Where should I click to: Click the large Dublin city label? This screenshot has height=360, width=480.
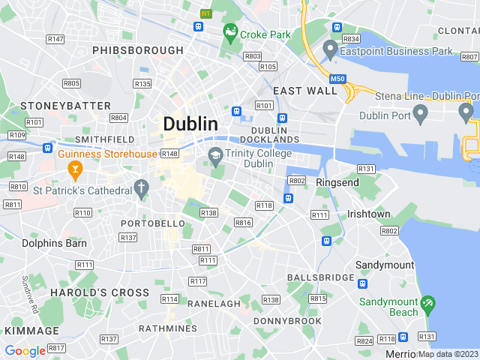tap(190, 124)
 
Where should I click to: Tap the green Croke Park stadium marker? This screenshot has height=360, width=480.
tap(230, 33)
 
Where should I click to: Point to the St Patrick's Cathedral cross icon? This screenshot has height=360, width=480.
tap(140, 187)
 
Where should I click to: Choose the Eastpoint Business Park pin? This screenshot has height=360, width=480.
tap(329, 50)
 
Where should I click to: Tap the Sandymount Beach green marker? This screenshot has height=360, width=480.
tap(427, 304)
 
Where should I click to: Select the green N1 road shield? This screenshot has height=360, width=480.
tap(206, 13)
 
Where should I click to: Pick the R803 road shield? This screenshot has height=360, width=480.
tap(253, 56)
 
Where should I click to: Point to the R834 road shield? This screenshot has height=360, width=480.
tap(351, 38)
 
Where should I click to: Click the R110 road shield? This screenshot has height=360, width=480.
tap(82, 212)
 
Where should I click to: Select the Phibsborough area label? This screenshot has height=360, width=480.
tap(138, 50)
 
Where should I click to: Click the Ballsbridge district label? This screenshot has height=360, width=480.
tap(320, 277)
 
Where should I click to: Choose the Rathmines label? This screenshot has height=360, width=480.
tap(167, 328)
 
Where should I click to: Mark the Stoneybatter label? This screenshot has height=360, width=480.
tap(66, 106)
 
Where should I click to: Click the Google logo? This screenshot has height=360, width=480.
tap(25, 350)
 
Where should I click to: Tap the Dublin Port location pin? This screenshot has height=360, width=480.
tap(420, 113)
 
